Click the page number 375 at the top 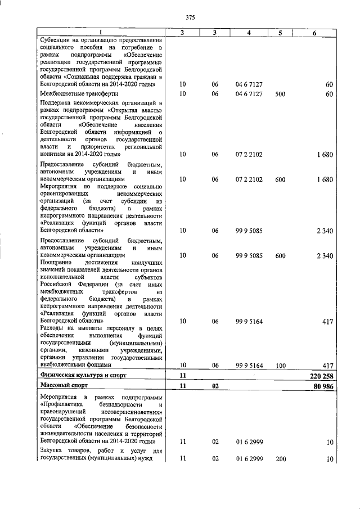[190, 18]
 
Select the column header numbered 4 [249, 33]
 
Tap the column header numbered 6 [314, 33]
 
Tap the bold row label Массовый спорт [62, 386]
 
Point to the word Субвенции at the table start [56, 40]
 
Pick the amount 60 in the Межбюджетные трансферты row [330, 93]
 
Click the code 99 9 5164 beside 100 [249, 365]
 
